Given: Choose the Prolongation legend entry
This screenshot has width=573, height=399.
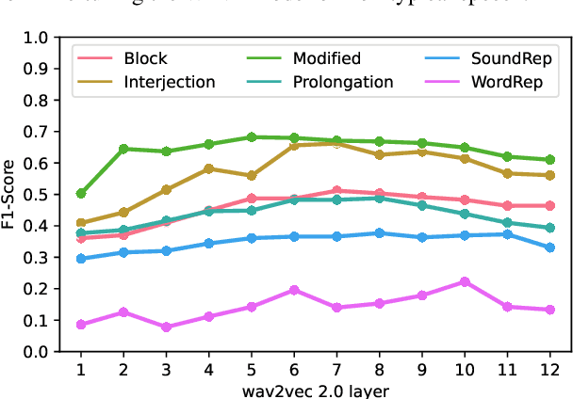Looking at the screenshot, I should [x=340, y=82].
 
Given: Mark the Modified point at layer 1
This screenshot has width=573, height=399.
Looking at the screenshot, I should [x=81, y=194].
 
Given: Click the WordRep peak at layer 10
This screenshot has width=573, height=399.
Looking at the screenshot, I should [x=465, y=281].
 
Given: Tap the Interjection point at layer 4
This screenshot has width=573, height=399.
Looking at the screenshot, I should [x=208, y=168].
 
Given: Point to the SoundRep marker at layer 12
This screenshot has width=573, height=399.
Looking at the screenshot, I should [x=550, y=247].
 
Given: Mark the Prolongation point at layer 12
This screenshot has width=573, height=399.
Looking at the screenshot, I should [x=550, y=228].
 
